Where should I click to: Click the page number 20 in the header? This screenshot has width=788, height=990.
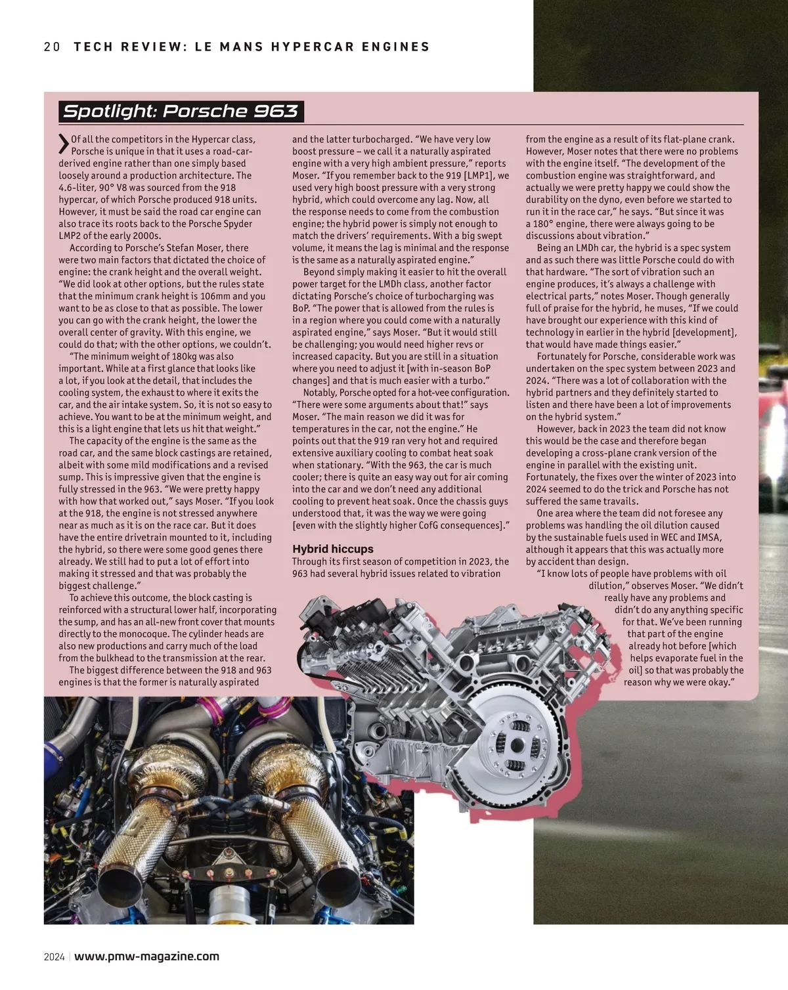[x=52, y=47]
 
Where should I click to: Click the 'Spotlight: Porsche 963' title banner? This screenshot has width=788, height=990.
[x=181, y=111]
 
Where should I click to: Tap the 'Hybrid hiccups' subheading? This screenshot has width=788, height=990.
[x=332, y=549]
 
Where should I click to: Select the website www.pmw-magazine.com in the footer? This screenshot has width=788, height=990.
[x=147, y=956]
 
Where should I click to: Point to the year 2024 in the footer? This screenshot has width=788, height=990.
[x=54, y=957]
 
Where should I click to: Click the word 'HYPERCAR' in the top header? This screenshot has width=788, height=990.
[x=304, y=47]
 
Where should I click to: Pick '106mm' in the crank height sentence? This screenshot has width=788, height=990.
[x=215, y=296]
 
